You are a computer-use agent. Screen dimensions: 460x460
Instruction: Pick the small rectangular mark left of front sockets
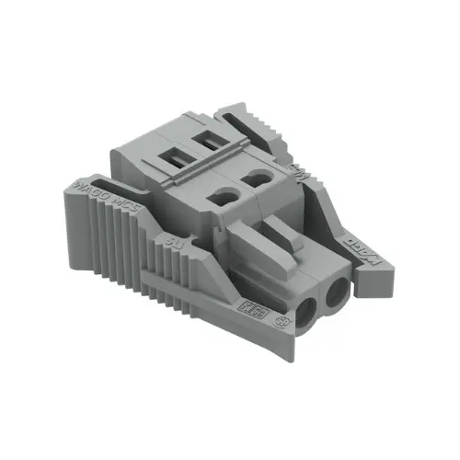coord(247,302)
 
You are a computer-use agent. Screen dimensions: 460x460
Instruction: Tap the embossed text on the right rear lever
coord(299,168)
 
